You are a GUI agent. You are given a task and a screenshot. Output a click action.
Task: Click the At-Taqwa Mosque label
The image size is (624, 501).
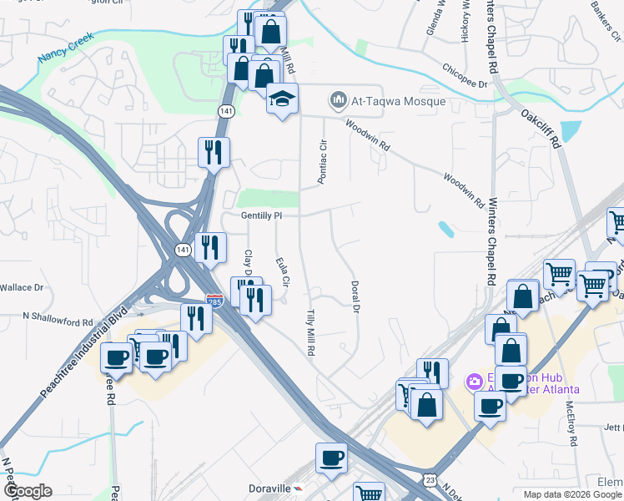click(x=399, y=102)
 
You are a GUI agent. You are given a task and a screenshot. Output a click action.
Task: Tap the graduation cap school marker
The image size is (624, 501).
click(x=283, y=99)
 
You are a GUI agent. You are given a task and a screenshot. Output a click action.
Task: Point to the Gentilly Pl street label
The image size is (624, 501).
click(x=263, y=215)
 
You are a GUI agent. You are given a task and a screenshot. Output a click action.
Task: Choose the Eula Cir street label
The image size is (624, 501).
click(x=282, y=272)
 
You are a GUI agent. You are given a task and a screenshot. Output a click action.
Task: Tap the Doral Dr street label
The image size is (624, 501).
click(x=355, y=297)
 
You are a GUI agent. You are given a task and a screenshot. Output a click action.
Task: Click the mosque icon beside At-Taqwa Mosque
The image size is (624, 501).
click(x=338, y=102)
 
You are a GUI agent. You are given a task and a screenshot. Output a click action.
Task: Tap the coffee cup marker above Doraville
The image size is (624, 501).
click(x=331, y=458)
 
